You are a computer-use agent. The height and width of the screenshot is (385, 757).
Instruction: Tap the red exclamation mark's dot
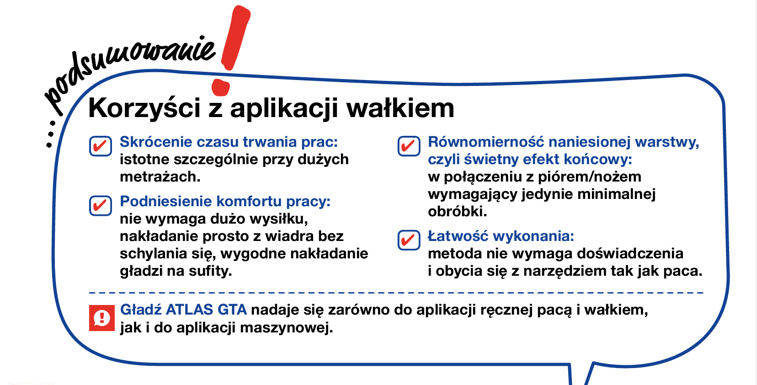(x=221, y=87)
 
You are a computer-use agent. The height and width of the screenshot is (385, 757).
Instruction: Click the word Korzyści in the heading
(x=144, y=108)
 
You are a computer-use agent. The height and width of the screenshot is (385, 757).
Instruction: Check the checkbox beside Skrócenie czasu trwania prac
(x=101, y=146)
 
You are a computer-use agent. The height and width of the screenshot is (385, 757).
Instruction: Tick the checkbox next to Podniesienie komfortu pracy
(x=101, y=205)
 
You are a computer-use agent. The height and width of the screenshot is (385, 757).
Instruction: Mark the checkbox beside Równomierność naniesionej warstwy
(x=409, y=146)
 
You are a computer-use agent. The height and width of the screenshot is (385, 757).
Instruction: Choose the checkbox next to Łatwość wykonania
(x=409, y=240)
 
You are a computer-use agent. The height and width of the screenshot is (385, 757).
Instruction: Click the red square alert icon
(x=102, y=318)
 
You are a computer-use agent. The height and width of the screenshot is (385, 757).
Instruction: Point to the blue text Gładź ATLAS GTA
(x=183, y=310)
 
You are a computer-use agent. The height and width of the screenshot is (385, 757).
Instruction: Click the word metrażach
(x=160, y=177)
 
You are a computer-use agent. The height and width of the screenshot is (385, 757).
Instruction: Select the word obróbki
(x=458, y=212)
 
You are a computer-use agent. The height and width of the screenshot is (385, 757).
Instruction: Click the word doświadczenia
(x=630, y=253)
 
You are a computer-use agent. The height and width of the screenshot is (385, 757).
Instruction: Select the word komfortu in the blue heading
(x=249, y=202)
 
